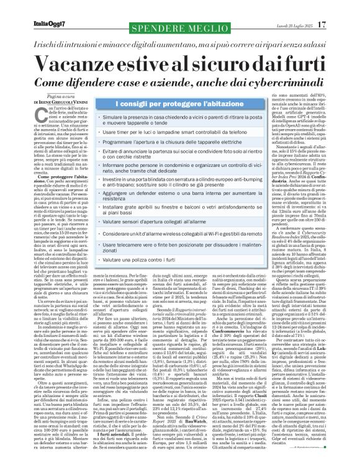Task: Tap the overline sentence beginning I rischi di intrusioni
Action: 180,29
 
